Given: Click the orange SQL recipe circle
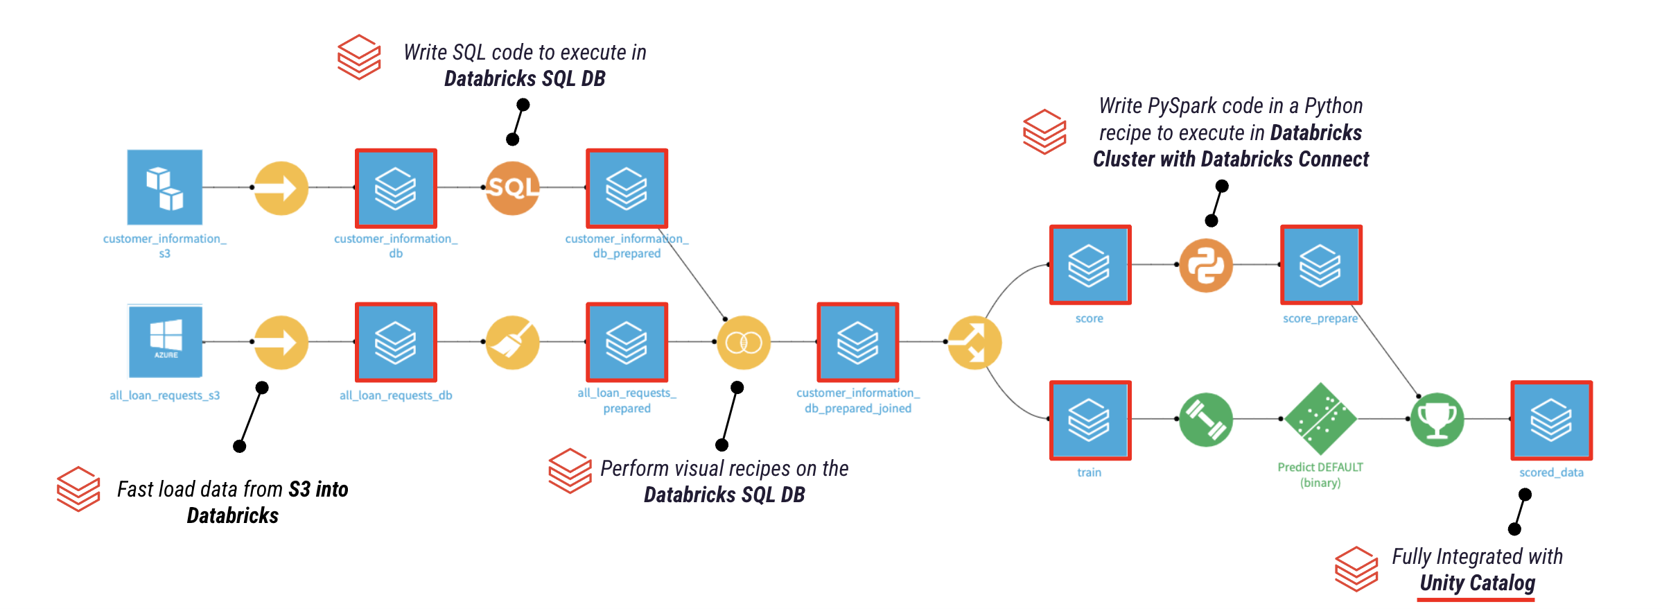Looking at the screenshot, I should tap(512, 188).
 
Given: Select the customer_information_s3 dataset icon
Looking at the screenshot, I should tap(165, 187).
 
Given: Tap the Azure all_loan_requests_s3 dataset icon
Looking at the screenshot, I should tap(165, 341).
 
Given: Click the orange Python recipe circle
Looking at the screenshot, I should tap(1206, 265).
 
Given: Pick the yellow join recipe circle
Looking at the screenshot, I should tap(743, 342).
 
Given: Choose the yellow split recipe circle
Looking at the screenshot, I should tap(974, 343).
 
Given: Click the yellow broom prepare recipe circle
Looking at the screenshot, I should tap(512, 342).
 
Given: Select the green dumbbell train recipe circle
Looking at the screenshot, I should tap(1206, 420).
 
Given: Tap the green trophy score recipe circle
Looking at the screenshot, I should tap(1437, 420).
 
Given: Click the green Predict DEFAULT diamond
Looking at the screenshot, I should tap(1320, 419).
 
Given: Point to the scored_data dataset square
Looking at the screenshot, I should tap(1551, 420).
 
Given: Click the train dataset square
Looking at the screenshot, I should tap(1090, 420).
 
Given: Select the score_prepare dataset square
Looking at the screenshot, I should tap(1321, 265).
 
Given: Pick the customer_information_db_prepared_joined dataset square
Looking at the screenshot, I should tap(858, 342).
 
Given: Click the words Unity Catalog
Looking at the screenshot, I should tap(1477, 583).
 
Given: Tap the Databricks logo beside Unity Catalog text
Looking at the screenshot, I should tap(1356, 569).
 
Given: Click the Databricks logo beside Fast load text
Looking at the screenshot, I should tap(78, 489).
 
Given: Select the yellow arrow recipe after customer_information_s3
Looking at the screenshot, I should tap(281, 188).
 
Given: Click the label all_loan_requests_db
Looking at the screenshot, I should tap(396, 395).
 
